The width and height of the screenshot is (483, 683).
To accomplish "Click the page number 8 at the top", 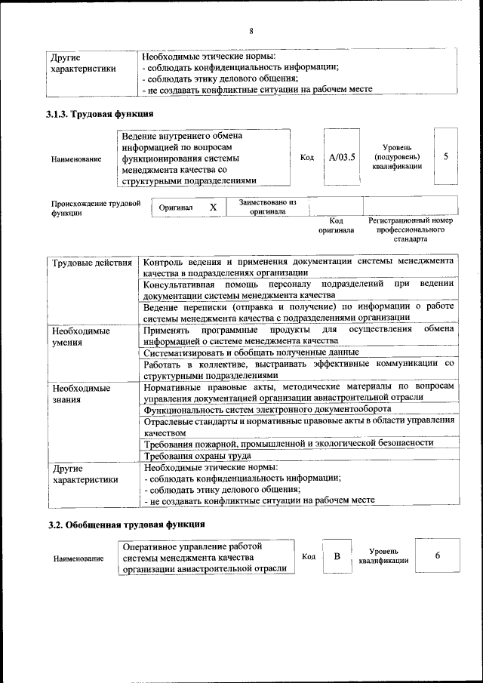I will click(x=251, y=31).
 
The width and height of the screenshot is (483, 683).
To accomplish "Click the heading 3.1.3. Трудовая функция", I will click(x=100, y=115).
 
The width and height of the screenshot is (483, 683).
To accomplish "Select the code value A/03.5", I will click(x=342, y=157).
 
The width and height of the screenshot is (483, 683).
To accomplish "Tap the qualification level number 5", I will click(x=446, y=157).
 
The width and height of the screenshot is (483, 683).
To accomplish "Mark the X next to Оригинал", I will click(x=214, y=207).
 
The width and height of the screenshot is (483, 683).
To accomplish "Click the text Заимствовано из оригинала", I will click(x=267, y=207).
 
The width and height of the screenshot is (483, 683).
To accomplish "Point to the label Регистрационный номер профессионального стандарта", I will click(x=410, y=229).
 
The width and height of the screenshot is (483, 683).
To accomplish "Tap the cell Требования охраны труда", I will click(x=198, y=456).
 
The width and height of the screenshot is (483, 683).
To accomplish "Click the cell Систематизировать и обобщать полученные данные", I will click(x=251, y=352).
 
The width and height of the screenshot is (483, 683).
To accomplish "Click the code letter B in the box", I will click(x=337, y=556).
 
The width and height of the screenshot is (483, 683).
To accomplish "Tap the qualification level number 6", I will click(x=438, y=555).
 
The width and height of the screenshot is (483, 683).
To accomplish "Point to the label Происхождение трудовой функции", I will click(x=96, y=208).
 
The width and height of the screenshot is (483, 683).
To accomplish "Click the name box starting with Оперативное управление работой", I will click(x=205, y=557).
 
